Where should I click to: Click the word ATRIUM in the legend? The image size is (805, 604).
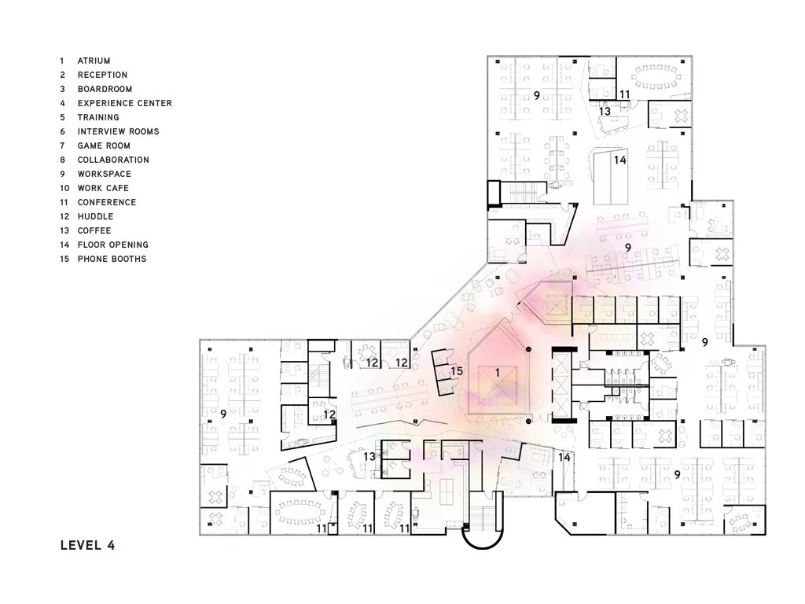point(94,61)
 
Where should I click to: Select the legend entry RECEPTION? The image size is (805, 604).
point(102,75)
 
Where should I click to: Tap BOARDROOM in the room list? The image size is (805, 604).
point(105,89)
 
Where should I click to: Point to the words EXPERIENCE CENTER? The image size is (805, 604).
point(124,103)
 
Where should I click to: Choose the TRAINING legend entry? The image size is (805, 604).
point(98,117)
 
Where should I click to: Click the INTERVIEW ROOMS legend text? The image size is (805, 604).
point(118,131)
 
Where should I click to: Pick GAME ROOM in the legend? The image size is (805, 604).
point(104,145)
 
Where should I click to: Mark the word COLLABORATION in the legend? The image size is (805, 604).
point(113,160)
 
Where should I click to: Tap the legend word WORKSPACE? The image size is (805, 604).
point(104,174)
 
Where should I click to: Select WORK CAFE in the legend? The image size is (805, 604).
point(103,188)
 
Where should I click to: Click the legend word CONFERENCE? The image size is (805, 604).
point(106,202)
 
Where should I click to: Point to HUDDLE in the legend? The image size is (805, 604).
point(95,216)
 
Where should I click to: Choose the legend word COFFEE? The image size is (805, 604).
point(94,230)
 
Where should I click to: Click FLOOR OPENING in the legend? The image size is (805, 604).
point(112,245)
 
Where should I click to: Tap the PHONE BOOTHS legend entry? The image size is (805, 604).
point(112,259)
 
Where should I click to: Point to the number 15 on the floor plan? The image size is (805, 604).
point(457,370)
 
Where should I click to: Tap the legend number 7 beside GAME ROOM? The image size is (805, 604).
point(61,145)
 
